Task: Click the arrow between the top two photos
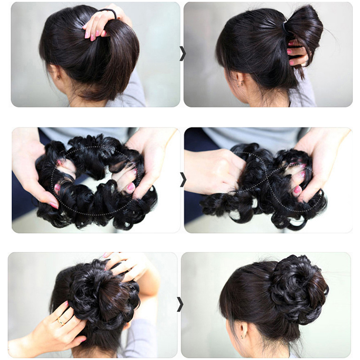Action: click(182, 53)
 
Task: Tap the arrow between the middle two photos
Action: click(182, 179)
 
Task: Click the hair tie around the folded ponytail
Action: click(284, 28)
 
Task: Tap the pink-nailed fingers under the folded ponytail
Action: click(297, 52)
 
